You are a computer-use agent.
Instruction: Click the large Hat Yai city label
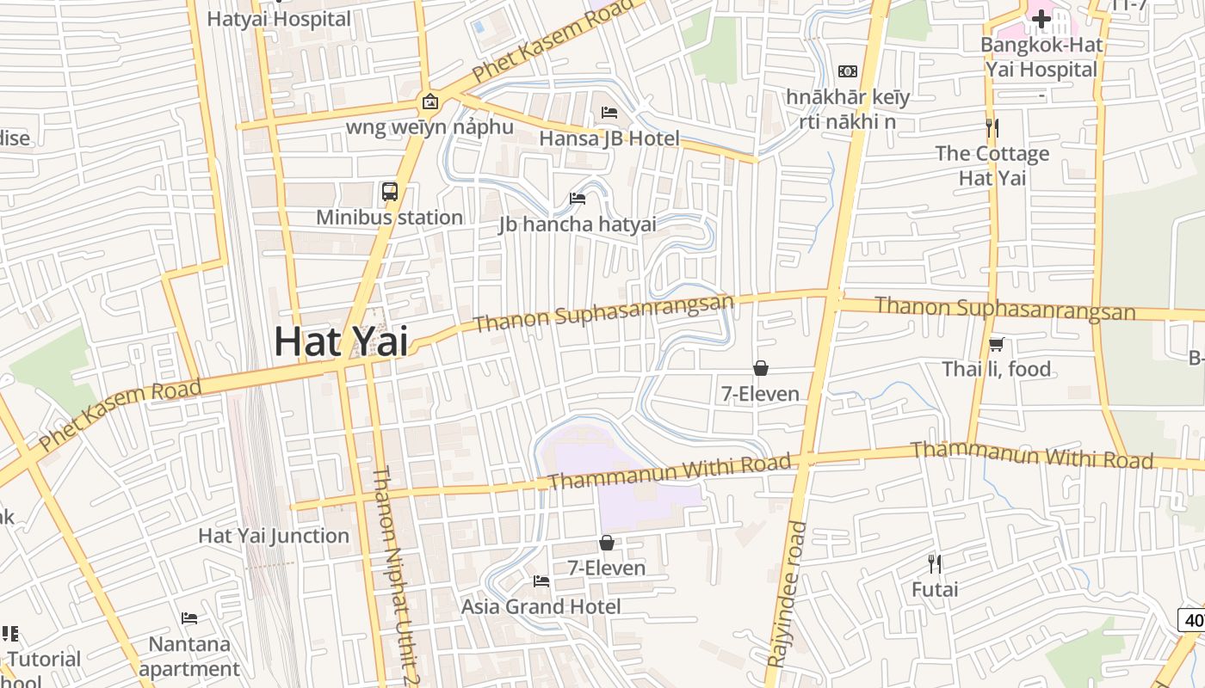[x=340, y=342]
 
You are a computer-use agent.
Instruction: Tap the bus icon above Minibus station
[x=390, y=192]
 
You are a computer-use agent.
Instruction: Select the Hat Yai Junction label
[x=274, y=536]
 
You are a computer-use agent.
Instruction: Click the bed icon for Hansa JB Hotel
[x=609, y=113]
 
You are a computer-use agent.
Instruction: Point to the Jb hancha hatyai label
[x=577, y=224]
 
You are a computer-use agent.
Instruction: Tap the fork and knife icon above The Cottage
[x=992, y=128]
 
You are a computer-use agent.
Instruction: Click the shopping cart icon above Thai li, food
[x=997, y=344]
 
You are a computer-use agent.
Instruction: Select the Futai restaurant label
[x=935, y=590]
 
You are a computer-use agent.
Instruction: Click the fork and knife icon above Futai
[x=935, y=564]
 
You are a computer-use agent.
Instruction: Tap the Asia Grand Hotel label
[x=541, y=606]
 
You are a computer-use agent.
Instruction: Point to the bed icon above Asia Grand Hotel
[x=541, y=581]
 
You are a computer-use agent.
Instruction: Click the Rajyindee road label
[x=786, y=593]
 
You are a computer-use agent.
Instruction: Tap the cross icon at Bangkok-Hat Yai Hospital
[x=1041, y=18]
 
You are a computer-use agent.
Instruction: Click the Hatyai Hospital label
[x=280, y=19]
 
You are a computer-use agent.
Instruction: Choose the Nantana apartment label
[x=189, y=656]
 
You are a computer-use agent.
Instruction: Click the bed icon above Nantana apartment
[x=189, y=618]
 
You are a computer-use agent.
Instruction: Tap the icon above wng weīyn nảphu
[x=429, y=102]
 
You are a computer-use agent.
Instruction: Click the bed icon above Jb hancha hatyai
[x=578, y=199]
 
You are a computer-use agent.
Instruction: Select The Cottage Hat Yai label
[x=992, y=166]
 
